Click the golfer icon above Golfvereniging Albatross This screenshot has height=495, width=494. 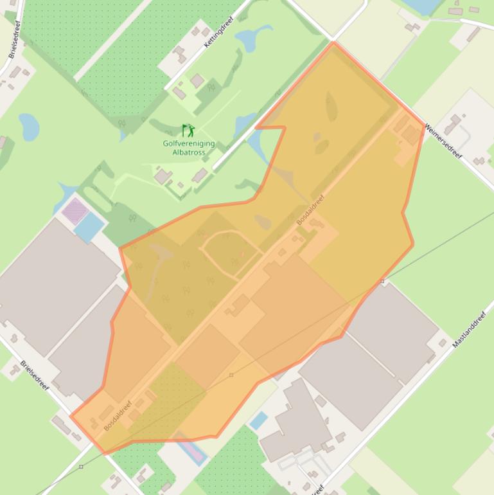(188, 130)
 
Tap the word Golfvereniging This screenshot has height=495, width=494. (189, 144)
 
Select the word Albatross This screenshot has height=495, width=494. (189, 152)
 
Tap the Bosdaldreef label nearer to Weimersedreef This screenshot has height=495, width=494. (311, 209)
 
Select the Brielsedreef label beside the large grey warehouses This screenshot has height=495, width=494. (34, 375)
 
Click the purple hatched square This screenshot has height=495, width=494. (75, 210)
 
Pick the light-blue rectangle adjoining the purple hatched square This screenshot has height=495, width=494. (89, 226)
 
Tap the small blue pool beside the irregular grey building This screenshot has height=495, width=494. (258, 421)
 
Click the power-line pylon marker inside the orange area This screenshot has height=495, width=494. (232, 375)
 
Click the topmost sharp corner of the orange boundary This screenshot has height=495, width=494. (333, 43)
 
